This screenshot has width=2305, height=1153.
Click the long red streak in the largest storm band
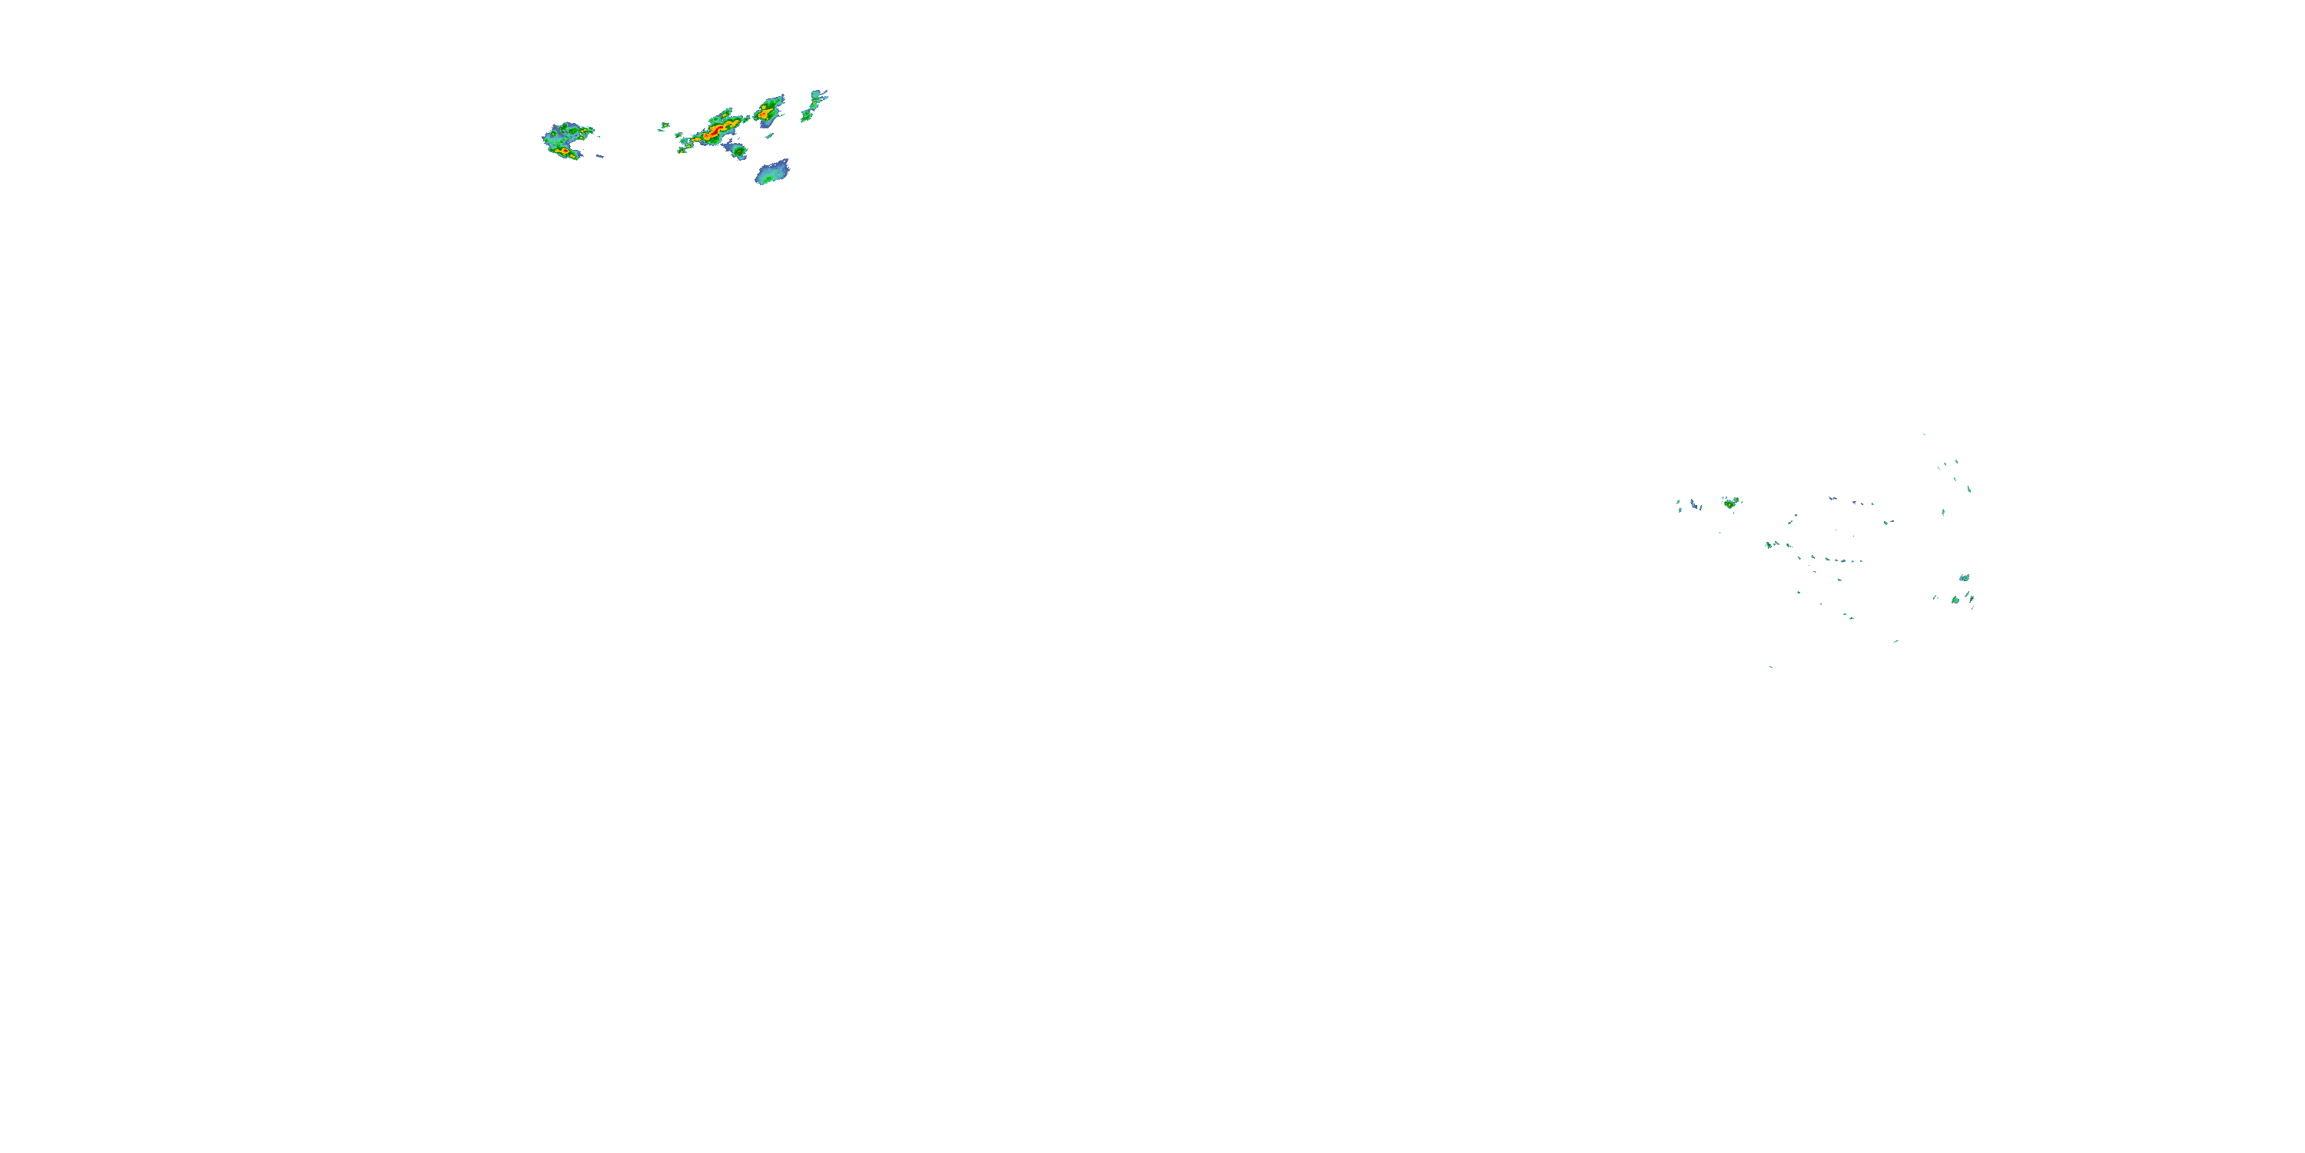(x=715, y=132)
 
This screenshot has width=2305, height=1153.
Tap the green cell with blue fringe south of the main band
(x=738, y=151)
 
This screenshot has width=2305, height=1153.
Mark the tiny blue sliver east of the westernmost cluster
(x=599, y=157)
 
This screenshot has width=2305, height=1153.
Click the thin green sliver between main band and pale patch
(x=768, y=135)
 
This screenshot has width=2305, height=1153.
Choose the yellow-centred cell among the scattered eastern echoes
(x=1730, y=503)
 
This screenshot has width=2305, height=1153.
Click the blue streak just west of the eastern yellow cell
(x=1694, y=505)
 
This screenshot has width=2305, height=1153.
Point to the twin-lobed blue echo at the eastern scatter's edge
(x=1964, y=578)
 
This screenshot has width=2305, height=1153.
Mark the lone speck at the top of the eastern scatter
(x=1924, y=435)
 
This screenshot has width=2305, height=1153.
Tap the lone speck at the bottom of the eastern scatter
(x=1771, y=667)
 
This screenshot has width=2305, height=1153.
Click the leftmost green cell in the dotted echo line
(x=1769, y=544)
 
